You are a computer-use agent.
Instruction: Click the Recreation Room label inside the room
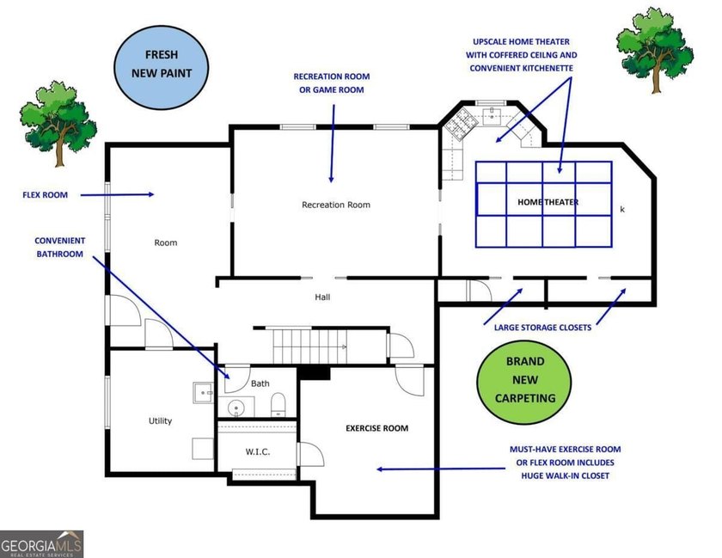[x=335, y=205]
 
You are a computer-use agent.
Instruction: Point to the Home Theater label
[x=548, y=202]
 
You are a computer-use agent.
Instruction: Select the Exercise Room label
[x=376, y=427]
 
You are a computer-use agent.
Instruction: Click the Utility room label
[x=160, y=420]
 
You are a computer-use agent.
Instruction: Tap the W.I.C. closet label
[x=258, y=451]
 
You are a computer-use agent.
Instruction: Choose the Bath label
[x=260, y=383]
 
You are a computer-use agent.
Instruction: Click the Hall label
[x=322, y=297]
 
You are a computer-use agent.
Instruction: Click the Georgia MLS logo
[x=42, y=543]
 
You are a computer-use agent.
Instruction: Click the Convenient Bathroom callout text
[x=59, y=248]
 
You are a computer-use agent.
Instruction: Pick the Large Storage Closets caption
[x=542, y=327]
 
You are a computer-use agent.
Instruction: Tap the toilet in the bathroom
[x=278, y=404]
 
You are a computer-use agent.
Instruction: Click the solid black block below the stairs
[x=315, y=372]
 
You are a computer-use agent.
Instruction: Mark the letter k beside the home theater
[x=622, y=209]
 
